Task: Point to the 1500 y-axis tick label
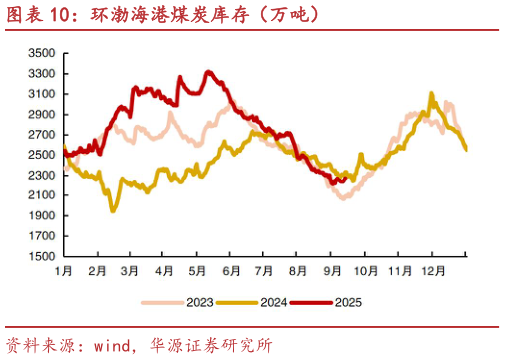click(40, 256)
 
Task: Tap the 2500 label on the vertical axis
click(40, 155)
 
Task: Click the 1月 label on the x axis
click(63, 270)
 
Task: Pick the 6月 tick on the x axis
click(231, 270)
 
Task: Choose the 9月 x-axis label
click(332, 270)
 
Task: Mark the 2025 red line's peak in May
click(207, 72)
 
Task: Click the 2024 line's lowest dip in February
click(112, 210)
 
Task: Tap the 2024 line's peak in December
click(431, 93)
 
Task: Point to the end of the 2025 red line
click(345, 179)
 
